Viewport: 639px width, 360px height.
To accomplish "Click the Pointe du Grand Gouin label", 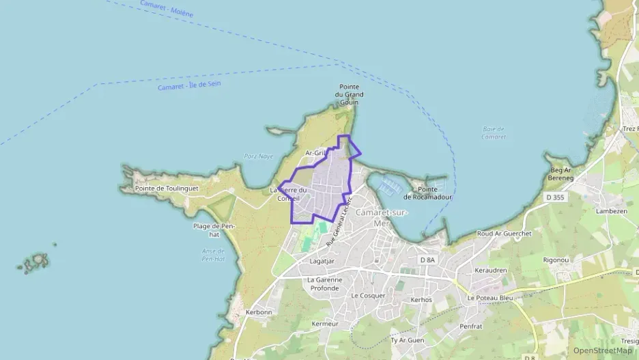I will tap(348, 94).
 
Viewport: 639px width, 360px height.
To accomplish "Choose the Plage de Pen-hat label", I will tap(214, 230).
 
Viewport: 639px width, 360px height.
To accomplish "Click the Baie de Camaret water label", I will tap(493, 133).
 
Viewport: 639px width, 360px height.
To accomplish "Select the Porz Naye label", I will tap(258, 156).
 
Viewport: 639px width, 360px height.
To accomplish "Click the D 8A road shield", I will tap(427, 260).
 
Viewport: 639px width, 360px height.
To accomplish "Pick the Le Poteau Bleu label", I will tap(489, 298).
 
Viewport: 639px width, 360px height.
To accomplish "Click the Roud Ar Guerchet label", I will tap(505, 234).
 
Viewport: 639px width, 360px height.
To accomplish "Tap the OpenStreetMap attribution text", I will tap(602, 350).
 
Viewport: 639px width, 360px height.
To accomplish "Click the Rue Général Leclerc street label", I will tap(339, 221).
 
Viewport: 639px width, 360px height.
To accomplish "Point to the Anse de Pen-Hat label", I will tap(214, 254).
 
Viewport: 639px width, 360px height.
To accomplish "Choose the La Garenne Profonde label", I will tap(323, 283).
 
